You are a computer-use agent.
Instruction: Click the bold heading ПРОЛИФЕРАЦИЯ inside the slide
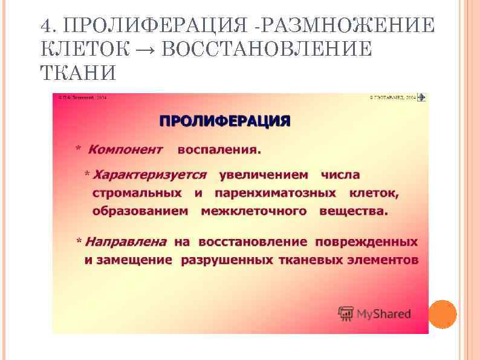click(x=224, y=120)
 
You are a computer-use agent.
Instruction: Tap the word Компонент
click(x=125, y=149)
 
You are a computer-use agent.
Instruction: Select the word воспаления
click(x=219, y=149)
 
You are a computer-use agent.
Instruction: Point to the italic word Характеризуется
click(x=149, y=175)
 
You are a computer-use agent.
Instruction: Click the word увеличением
click(x=264, y=175)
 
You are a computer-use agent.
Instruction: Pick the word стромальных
click(x=137, y=193)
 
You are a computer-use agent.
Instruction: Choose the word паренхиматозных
click(x=275, y=193)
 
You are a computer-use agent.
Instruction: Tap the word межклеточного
click(x=253, y=211)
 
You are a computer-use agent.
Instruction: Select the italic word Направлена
click(x=126, y=242)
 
